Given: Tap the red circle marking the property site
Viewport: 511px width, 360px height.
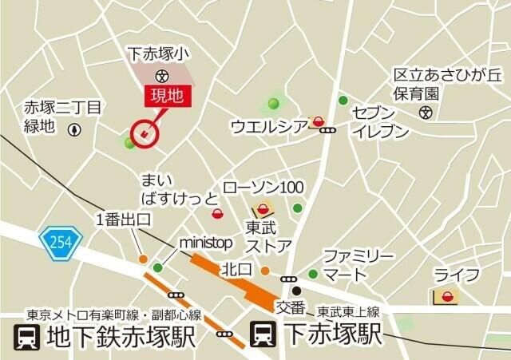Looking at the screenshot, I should [145, 133].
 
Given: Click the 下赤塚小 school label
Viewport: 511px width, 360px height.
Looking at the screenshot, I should [159, 55].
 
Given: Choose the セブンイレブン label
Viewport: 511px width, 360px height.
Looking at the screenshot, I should [381, 122].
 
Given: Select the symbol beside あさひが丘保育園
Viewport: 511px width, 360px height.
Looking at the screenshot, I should [426, 112].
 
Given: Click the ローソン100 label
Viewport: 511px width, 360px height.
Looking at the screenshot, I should [262, 188].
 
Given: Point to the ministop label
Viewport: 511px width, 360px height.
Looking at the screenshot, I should [206, 241].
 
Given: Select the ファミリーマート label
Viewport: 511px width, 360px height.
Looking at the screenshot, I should [357, 265].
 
